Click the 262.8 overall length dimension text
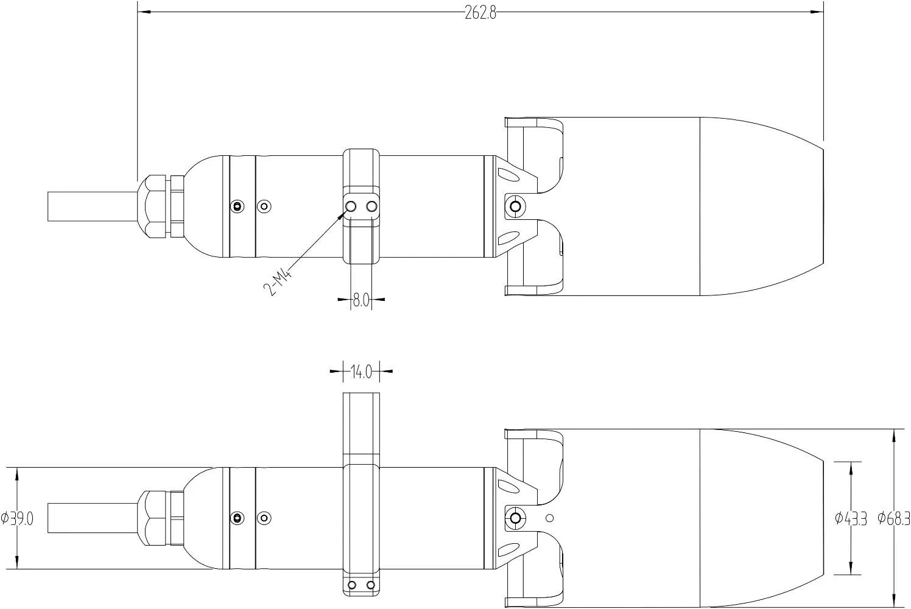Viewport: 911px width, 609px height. tap(480, 13)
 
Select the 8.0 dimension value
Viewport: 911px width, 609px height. tap(361, 300)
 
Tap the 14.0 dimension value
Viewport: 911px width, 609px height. tap(361, 371)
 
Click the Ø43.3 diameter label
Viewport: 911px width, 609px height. tap(850, 519)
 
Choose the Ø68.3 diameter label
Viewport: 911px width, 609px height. tap(893, 519)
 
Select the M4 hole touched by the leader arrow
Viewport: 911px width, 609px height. tap(351, 207)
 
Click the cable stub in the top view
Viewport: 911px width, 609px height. tap(91, 207)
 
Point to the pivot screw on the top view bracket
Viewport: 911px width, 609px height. tap(515, 207)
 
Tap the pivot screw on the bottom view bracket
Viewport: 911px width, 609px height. tap(515, 518)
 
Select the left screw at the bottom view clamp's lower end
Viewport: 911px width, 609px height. tap(351, 585)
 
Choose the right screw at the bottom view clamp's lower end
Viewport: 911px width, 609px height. tap(370, 585)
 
